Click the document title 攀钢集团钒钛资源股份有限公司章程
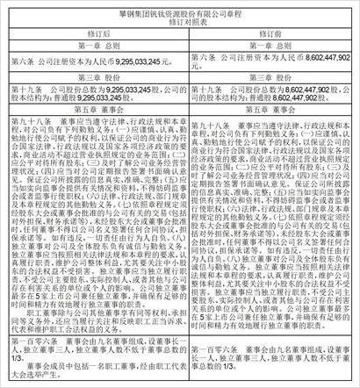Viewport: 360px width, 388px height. point(181,8)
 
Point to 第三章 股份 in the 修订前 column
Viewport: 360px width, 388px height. point(269,76)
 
